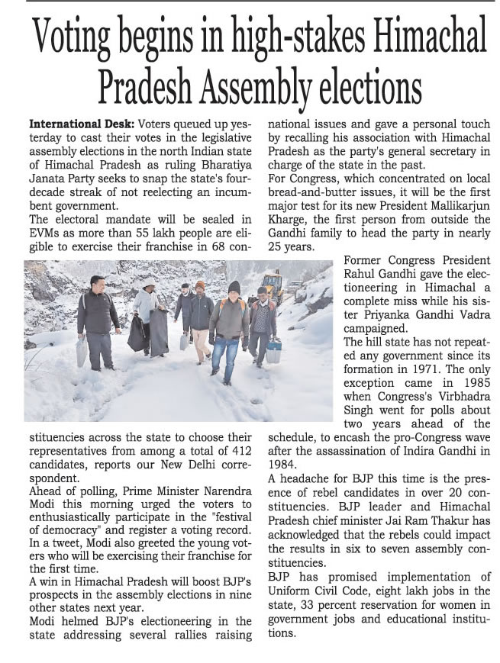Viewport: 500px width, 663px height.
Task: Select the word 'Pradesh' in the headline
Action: [x=150, y=84]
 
